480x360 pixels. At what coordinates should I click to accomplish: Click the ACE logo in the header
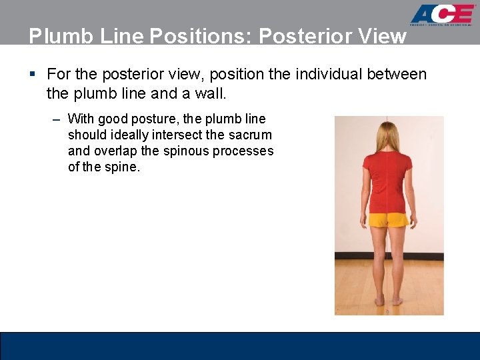click(442, 15)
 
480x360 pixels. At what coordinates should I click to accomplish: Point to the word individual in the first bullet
click(313, 74)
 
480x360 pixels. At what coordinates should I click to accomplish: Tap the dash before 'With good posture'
click(57, 119)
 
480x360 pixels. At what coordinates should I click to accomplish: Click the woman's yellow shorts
click(389, 219)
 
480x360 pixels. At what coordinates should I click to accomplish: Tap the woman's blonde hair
click(387, 137)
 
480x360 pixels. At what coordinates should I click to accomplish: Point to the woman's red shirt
click(388, 180)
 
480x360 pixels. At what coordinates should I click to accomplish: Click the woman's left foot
click(379, 301)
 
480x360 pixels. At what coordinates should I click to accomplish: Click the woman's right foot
click(397, 301)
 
